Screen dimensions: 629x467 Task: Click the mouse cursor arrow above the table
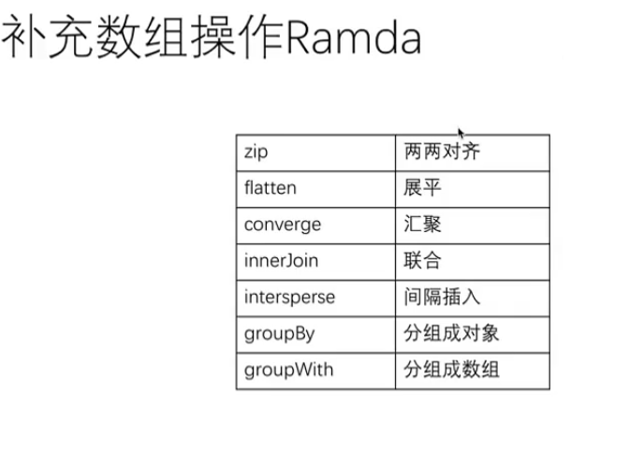click(x=461, y=133)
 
